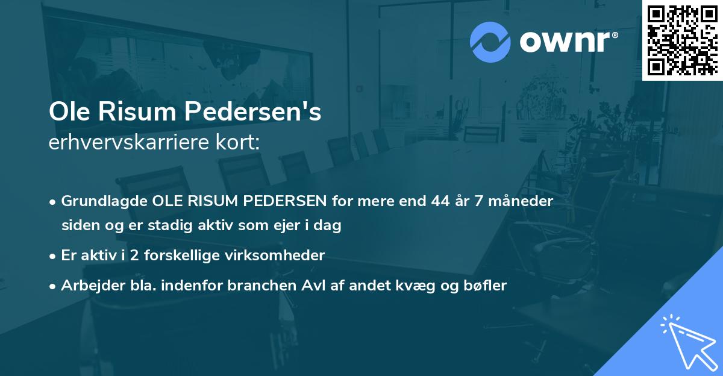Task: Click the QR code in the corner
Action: click(682, 40)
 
